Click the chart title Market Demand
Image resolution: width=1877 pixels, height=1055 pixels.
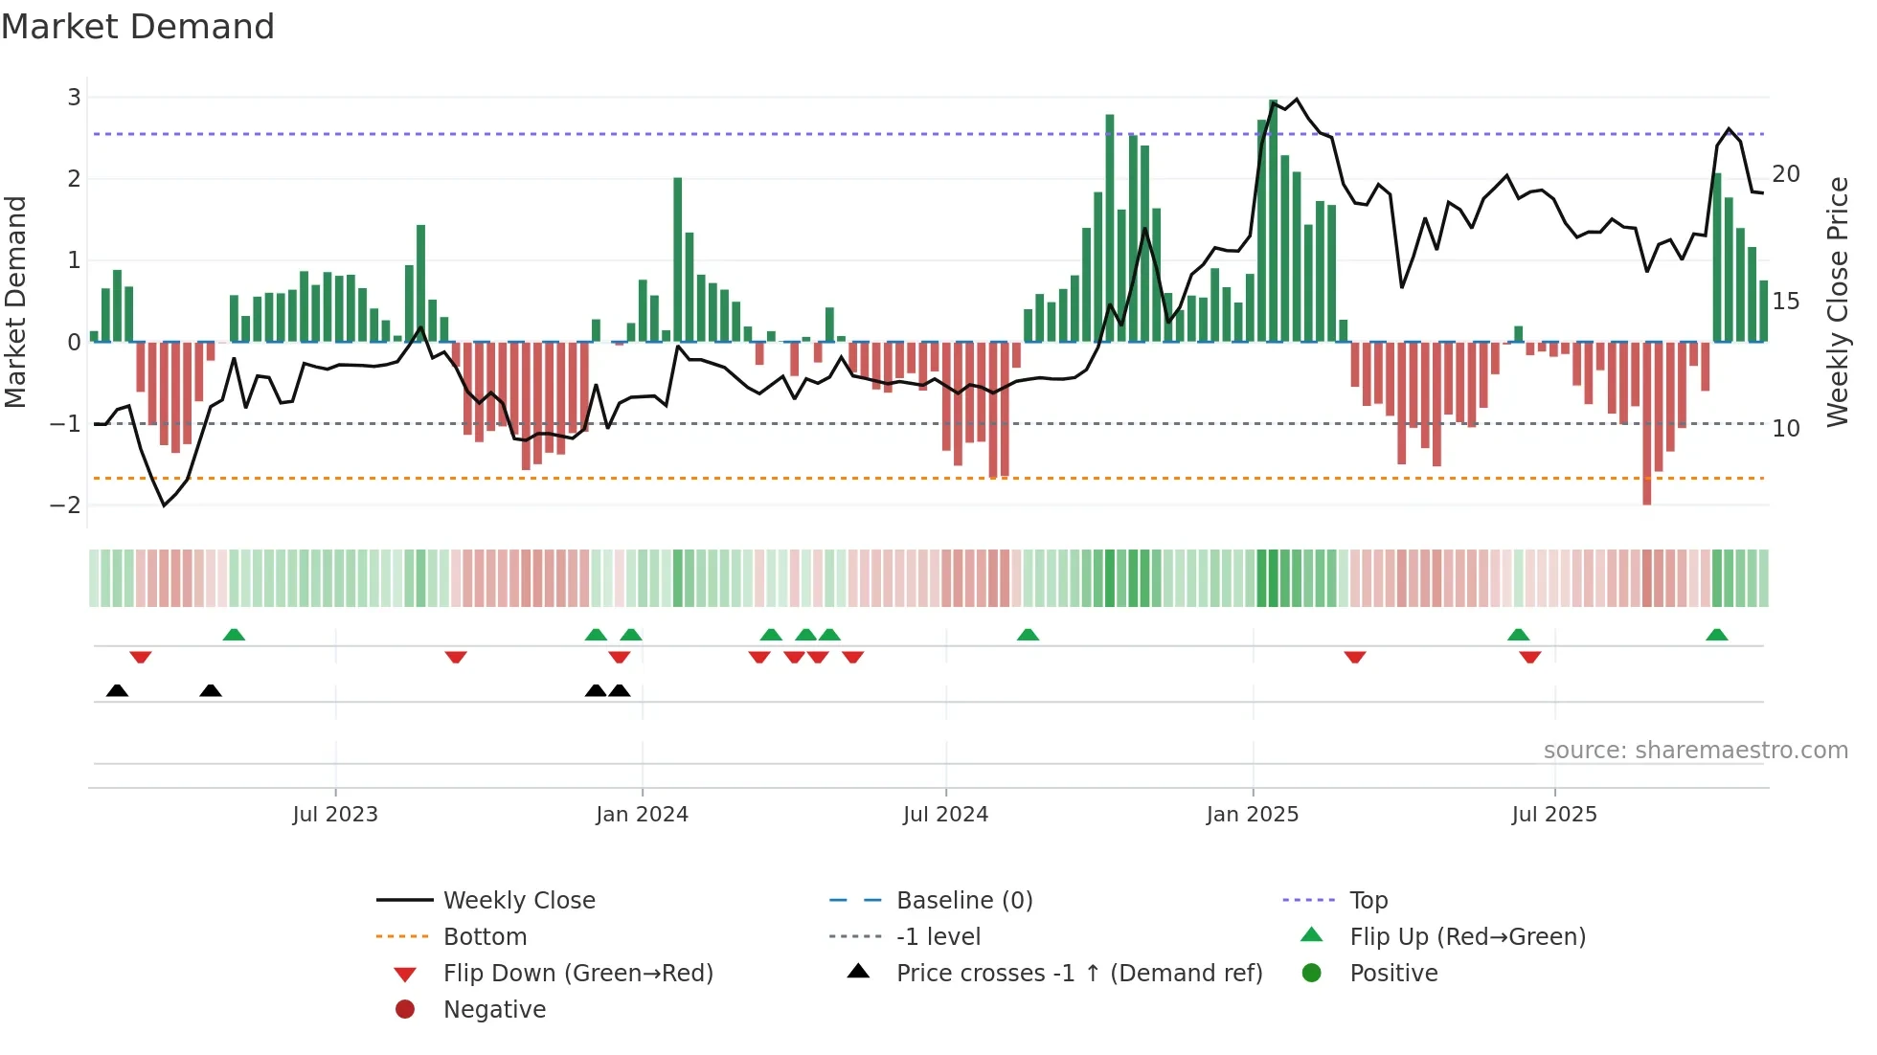[x=138, y=27]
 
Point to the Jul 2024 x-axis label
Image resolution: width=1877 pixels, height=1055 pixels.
[x=945, y=815]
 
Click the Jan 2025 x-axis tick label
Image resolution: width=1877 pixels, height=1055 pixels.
[x=1252, y=815]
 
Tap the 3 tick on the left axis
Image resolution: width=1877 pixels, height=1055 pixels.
[x=74, y=98]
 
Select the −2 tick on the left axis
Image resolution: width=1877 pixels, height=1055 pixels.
[x=66, y=505]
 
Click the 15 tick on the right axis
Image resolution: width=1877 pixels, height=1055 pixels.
[x=1785, y=302]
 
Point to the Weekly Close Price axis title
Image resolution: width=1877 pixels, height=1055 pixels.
[x=1837, y=302]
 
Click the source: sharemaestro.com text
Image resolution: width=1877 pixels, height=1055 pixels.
[x=1695, y=751]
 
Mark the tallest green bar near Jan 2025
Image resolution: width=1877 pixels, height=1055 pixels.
[x=1273, y=220]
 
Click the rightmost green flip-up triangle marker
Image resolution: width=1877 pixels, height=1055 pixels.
[x=1716, y=635]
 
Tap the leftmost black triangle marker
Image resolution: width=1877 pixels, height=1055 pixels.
[x=117, y=690]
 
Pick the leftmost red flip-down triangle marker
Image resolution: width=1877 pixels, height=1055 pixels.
[x=141, y=658]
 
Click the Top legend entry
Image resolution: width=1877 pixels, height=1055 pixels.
[x=1368, y=901]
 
